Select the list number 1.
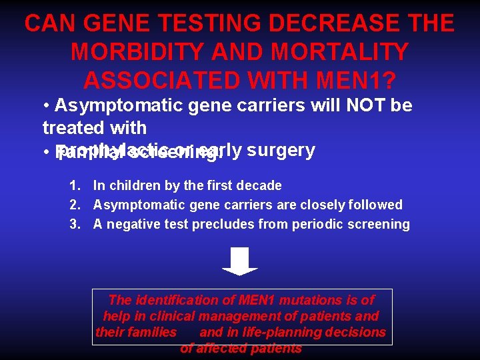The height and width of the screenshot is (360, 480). pos(75,186)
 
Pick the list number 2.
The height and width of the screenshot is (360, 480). pos(75,205)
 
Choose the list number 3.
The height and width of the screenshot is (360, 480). pos(75,224)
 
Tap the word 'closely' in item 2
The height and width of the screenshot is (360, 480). pos(310,205)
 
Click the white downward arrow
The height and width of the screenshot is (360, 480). pos(240,261)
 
